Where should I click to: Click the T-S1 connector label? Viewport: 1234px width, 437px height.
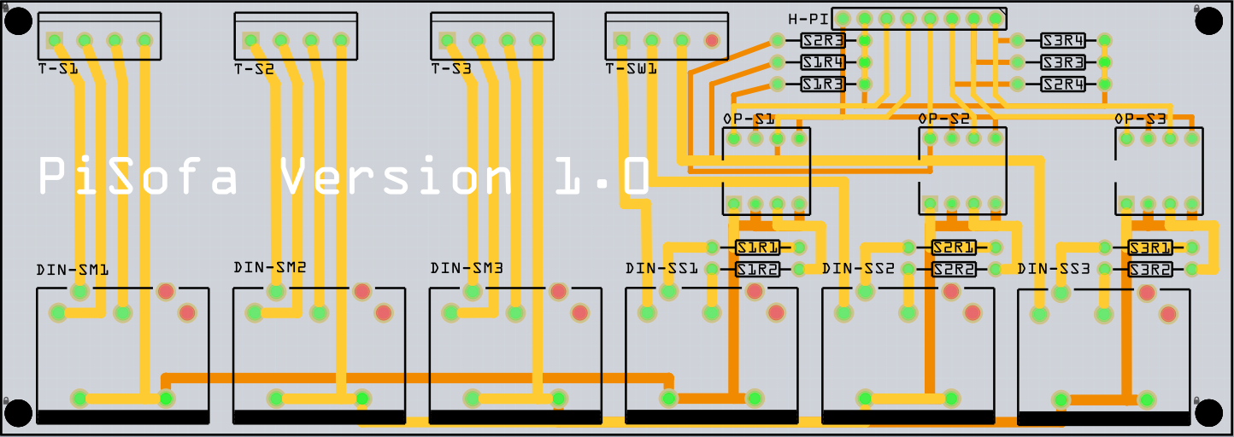(58, 69)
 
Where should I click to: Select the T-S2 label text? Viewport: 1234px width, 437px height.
(254, 69)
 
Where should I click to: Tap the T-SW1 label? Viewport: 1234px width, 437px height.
(631, 69)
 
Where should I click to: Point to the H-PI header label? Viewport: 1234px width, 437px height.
(808, 19)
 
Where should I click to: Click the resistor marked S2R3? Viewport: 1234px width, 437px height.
(823, 40)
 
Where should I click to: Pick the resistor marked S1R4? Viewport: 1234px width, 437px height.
(823, 62)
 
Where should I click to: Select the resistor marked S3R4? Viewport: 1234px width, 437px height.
(1063, 40)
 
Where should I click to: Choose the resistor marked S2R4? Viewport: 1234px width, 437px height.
(1063, 84)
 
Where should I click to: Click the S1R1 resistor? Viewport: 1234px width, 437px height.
(758, 248)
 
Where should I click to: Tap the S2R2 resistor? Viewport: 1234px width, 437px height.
(954, 270)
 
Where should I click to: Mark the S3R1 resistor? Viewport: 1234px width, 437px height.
(1149, 248)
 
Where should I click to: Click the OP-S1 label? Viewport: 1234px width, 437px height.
(749, 119)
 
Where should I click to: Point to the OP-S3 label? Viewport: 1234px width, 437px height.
(1140, 119)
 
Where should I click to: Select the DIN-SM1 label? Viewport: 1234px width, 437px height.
(72, 271)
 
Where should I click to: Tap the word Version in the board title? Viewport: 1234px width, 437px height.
(397, 178)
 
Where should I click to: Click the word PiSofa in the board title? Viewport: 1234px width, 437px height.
(138, 178)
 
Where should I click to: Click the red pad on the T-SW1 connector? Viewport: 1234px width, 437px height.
(711, 39)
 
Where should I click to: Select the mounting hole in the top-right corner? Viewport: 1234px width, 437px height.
(1208, 20)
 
